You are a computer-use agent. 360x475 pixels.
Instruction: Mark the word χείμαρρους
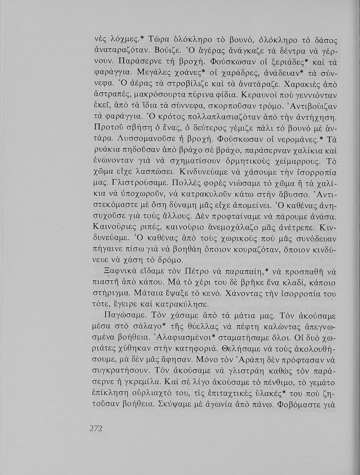click(x=300, y=161)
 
